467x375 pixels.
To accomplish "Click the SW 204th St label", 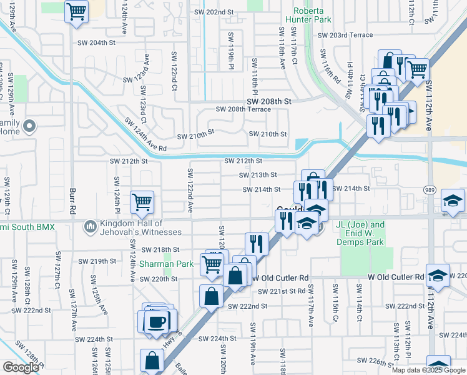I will coord(97,42).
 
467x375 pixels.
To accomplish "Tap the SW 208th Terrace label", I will coord(243,109).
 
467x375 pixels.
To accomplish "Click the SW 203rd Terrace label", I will coord(345,35).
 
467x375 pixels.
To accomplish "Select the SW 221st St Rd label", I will coord(283,291).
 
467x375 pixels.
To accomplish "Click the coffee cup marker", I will coord(156,321).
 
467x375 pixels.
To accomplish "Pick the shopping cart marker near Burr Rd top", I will coord(76,12).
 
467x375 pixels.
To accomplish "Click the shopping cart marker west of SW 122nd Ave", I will coord(142,202).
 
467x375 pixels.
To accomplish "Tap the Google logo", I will coord(21,367).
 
